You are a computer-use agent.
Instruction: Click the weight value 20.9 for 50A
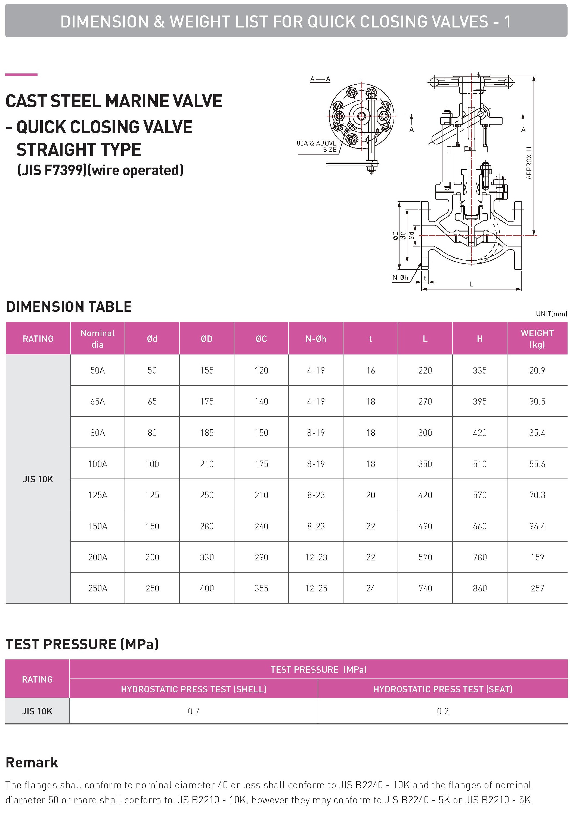[x=537, y=371]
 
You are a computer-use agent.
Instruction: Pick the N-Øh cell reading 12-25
[x=316, y=588]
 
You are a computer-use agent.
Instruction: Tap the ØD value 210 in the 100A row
[x=206, y=464]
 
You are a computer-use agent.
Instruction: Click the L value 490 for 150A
[x=425, y=526]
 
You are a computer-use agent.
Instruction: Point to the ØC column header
[x=261, y=339]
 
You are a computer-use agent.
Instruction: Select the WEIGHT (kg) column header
[x=537, y=339]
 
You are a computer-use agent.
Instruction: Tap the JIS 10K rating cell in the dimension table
[x=38, y=479]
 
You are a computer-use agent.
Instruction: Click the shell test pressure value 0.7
[x=194, y=711]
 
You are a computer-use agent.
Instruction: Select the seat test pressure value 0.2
[x=442, y=711]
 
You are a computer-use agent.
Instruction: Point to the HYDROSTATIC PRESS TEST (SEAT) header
[x=442, y=689]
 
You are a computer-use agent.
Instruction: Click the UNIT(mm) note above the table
[x=551, y=314]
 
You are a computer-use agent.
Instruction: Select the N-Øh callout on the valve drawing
[x=400, y=277]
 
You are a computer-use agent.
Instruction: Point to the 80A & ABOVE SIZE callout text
[x=317, y=146]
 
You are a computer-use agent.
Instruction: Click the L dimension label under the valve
[x=472, y=284]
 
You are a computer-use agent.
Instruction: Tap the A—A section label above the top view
[x=320, y=79]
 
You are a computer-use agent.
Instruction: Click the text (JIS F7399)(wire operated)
[x=100, y=170]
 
